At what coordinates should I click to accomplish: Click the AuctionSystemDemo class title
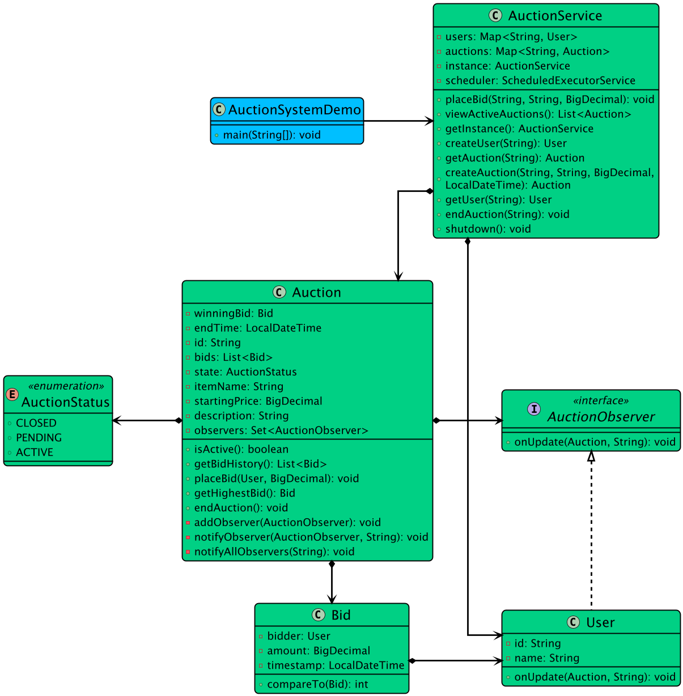point(294,110)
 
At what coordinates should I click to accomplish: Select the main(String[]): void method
point(271,135)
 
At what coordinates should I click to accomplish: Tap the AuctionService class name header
point(555,16)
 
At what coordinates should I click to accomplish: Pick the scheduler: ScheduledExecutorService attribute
point(540,80)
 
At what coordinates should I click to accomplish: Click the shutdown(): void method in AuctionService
point(487,229)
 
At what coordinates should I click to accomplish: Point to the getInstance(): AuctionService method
point(519,129)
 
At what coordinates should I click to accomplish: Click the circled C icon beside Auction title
point(279,292)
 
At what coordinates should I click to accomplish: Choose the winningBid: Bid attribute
point(233,313)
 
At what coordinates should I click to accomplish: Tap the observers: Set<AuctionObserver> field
point(281,430)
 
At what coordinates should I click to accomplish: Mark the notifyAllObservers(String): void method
point(274,552)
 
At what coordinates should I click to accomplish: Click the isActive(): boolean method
point(241,449)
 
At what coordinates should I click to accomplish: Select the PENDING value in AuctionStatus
point(39,438)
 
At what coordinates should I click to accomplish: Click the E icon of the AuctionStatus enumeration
point(12,395)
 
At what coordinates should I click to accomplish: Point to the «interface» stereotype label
point(600,401)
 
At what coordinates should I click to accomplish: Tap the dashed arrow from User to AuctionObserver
point(591,532)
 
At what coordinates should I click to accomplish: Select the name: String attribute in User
point(546,658)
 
